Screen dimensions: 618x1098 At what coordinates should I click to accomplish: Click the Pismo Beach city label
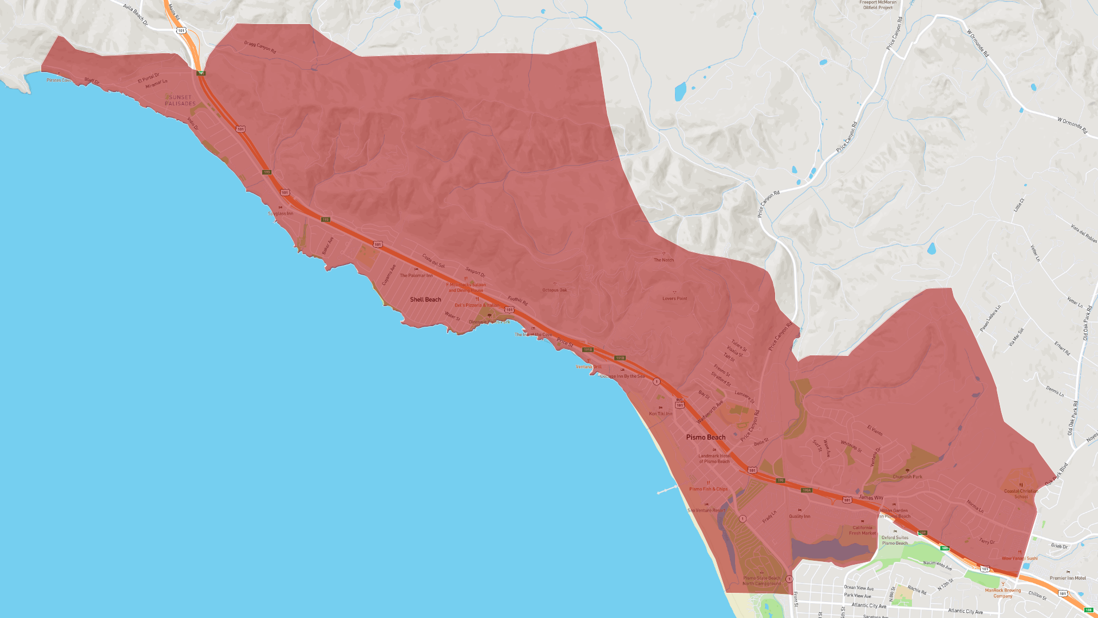706,437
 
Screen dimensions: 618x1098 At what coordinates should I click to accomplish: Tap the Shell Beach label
425,299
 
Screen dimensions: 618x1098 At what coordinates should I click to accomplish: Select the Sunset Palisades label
180,100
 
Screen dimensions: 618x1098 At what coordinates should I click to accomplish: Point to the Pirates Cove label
59,80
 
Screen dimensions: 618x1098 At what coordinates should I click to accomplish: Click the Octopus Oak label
555,290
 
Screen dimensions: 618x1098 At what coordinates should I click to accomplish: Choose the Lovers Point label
674,298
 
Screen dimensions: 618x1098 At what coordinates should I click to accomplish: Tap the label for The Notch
663,260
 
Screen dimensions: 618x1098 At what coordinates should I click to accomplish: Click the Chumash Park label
907,477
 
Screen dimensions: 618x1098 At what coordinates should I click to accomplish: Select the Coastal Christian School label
1021,493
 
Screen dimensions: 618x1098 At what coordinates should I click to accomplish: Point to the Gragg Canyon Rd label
260,47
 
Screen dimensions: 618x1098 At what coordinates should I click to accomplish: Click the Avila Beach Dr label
135,14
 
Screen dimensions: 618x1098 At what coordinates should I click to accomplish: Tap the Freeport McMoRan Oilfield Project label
878,5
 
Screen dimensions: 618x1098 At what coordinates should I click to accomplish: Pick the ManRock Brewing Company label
1002,593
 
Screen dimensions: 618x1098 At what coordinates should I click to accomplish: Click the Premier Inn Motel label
1068,578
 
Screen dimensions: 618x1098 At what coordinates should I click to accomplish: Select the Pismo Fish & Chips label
708,489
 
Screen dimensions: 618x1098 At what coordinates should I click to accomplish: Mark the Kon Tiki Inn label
660,414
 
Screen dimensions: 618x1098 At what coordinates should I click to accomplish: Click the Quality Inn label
799,516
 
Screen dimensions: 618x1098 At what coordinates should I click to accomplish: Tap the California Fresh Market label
862,530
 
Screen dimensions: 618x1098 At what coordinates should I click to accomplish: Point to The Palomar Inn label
416,275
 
